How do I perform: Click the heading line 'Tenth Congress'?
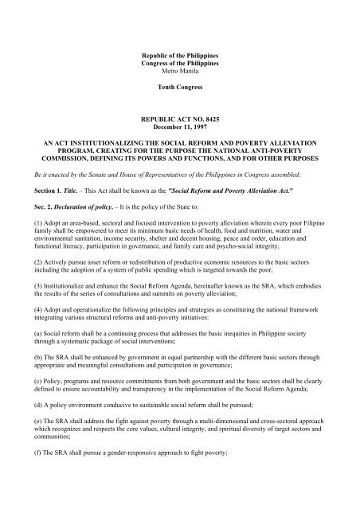179,89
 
